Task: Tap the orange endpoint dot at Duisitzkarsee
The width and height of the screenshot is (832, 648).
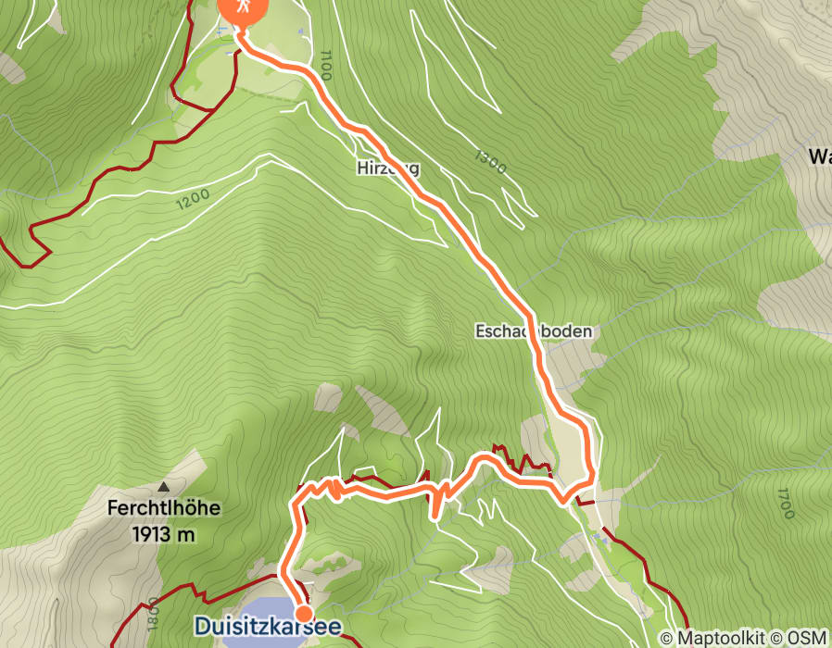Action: click(303, 613)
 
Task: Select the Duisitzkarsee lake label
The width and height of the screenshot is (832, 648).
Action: click(267, 627)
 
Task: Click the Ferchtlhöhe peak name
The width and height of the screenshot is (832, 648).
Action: click(164, 508)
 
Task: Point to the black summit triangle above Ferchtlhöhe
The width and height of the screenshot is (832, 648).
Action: click(164, 486)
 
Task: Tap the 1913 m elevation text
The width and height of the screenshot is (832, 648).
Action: click(164, 534)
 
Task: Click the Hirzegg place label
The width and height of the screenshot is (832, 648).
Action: click(387, 168)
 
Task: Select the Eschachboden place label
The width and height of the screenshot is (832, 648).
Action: click(532, 331)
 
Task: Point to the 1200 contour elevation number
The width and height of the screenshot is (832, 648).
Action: click(191, 198)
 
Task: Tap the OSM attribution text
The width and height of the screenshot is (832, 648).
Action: click(809, 638)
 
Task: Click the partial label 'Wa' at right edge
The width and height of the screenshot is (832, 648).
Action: click(818, 156)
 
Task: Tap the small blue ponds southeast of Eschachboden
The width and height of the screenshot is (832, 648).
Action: click(603, 536)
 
